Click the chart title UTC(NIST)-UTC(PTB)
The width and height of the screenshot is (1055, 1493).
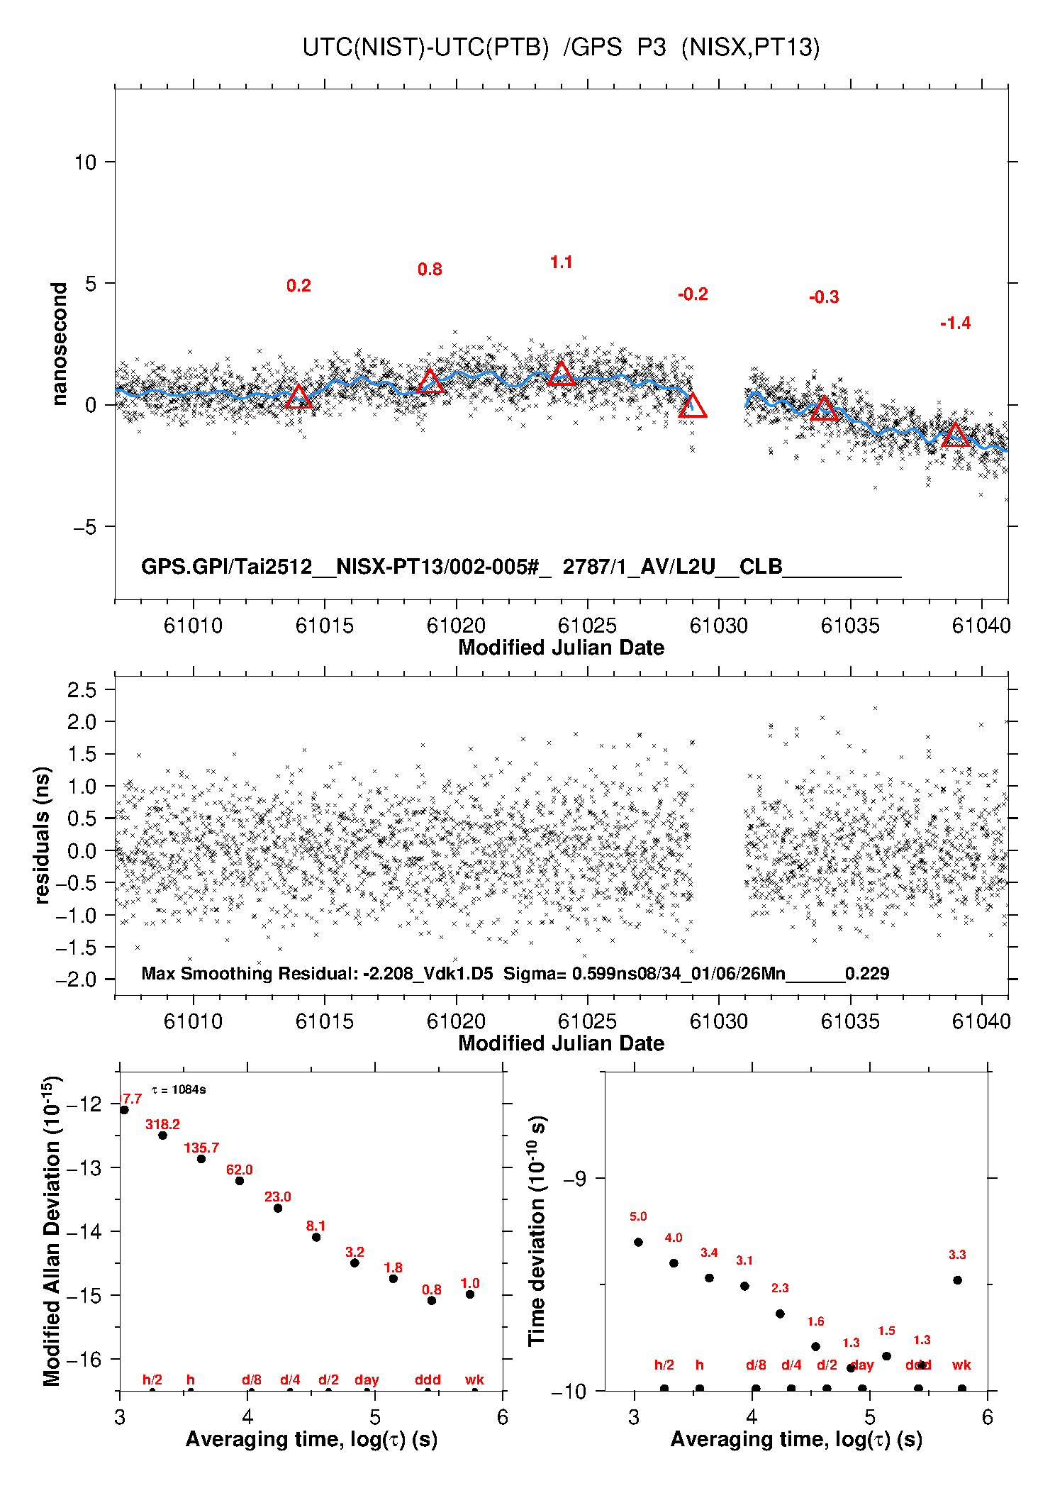(x=425, y=48)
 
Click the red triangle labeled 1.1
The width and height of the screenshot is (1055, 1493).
(x=562, y=374)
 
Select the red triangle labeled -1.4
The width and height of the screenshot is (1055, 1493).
(x=955, y=435)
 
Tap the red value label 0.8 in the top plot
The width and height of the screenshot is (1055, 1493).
(x=430, y=270)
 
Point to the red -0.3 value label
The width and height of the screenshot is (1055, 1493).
(x=824, y=297)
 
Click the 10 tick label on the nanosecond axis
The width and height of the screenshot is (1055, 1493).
(x=85, y=162)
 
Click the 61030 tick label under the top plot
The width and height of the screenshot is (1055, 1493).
(x=718, y=626)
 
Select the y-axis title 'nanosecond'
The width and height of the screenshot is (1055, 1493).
(x=59, y=344)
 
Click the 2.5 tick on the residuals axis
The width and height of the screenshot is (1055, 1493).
(x=82, y=689)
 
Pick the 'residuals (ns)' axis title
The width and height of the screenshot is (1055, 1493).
(x=43, y=835)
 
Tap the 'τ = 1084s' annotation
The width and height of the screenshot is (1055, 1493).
(x=179, y=1089)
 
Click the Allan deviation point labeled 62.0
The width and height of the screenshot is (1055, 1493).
(x=240, y=1181)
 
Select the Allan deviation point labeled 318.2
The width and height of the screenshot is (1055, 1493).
(x=162, y=1136)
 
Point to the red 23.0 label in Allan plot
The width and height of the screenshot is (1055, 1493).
(x=278, y=1197)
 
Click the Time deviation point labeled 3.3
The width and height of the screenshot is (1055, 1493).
(x=957, y=1280)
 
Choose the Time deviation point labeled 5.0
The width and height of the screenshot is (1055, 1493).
(x=638, y=1242)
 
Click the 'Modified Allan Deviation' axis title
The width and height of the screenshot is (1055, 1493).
(x=52, y=1231)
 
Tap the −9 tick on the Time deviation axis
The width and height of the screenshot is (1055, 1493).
(x=574, y=1179)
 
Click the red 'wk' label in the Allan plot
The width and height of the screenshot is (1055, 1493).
(x=474, y=1380)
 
